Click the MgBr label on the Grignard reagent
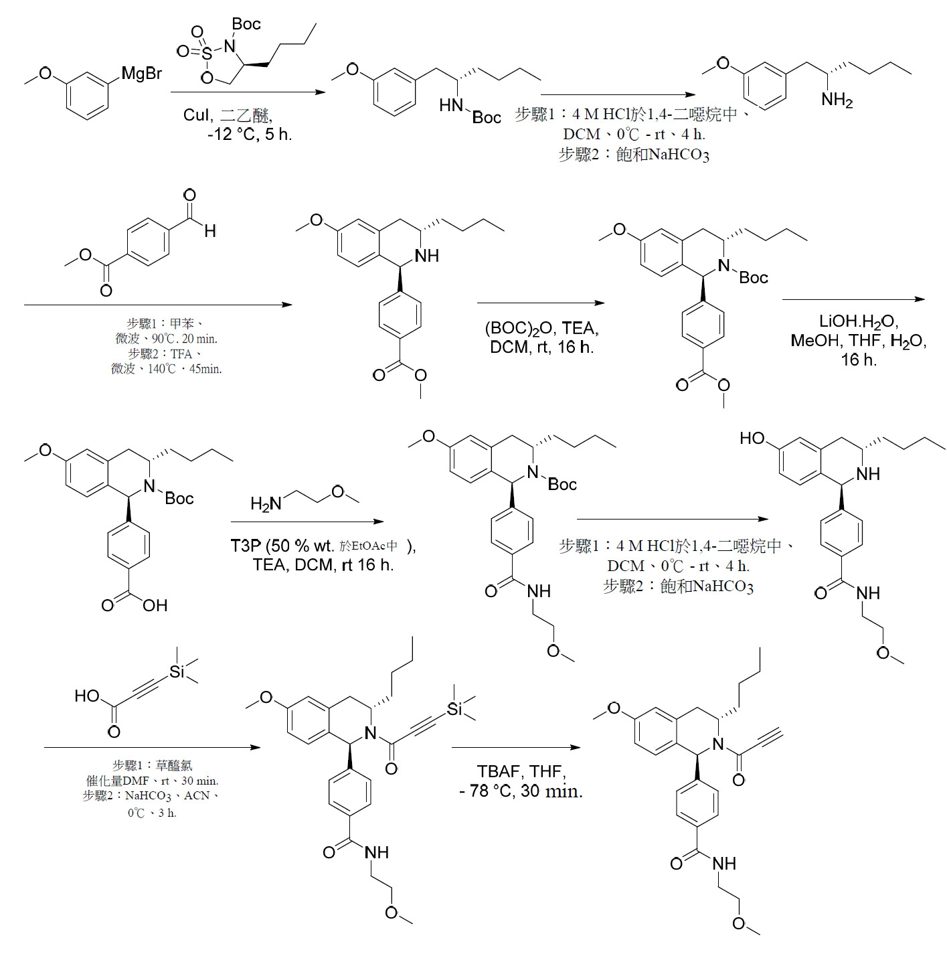(142, 74)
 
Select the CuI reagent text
(196, 115)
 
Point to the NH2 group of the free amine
(837, 100)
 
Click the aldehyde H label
(210, 230)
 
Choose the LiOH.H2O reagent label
(858, 322)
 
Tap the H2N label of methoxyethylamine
(266, 504)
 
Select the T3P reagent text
(246, 546)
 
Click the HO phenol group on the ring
(752, 438)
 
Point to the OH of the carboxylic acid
(155, 605)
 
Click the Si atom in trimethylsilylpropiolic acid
(177, 671)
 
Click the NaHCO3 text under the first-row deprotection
(679, 155)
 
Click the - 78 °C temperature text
(485, 791)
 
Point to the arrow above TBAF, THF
(516, 747)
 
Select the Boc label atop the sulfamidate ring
(246, 23)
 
